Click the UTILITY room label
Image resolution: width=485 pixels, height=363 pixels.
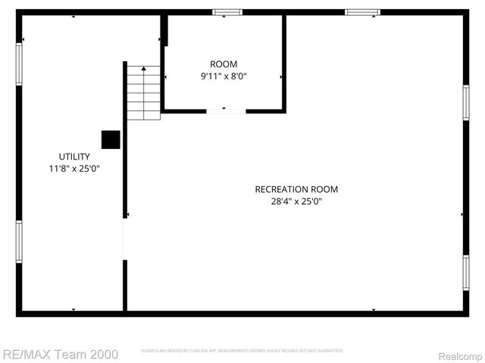(x=74, y=157)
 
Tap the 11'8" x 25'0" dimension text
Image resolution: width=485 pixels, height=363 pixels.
(x=74, y=169)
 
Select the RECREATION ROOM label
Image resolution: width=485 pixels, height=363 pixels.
(x=296, y=189)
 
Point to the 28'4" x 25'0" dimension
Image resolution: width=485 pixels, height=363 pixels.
(x=296, y=201)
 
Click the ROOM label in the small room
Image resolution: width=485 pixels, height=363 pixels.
(x=224, y=64)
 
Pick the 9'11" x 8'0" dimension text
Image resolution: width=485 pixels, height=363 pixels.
(x=224, y=76)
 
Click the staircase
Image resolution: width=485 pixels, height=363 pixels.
(x=143, y=93)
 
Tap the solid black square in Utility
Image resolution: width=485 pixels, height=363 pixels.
(x=111, y=140)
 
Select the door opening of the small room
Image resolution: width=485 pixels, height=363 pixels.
(x=226, y=111)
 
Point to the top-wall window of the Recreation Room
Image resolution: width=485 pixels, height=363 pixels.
(x=362, y=12)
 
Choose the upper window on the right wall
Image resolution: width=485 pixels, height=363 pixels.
(x=466, y=102)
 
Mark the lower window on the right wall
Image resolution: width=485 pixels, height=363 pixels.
(x=466, y=272)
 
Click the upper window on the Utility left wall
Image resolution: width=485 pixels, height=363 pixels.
(x=19, y=63)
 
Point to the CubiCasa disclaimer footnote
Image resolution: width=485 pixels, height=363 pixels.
(x=242, y=351)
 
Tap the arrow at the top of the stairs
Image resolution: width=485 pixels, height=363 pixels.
(x=143, y=69)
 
